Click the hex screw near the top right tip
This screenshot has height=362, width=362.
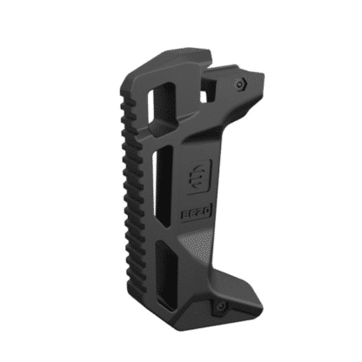(240, 84)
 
